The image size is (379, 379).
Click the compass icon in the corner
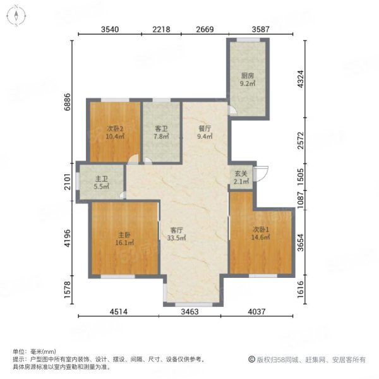tap(16, 16)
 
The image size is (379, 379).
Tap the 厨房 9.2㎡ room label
tap(248, 80)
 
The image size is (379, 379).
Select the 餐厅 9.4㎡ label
tap(205, 132)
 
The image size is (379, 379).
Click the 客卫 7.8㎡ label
tap(161, 133)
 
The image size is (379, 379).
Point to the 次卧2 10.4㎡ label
tap(115, 133)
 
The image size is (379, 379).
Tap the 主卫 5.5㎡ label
tap(102, 183)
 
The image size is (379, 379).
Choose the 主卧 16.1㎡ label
tap(124, 239)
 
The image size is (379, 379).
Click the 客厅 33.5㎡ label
tap(176, 234)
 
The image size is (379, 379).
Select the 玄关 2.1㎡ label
tap(241, 177)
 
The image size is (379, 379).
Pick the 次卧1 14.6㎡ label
tap(260, 233)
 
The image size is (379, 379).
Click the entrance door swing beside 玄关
tap(262, 173)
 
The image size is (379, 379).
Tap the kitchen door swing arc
tap(233, 110)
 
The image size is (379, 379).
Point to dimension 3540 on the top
tap(110, 29)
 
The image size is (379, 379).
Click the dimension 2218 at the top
tap(161, 29)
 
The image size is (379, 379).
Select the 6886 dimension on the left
tap(68, 102)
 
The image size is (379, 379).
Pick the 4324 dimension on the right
tap(300, 79)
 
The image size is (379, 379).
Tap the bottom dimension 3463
tap(189, 312)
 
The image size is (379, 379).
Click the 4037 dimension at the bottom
tap(256, 312)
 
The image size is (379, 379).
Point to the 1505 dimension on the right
tap(300, 177)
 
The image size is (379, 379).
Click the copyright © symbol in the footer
tap(251, 359)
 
